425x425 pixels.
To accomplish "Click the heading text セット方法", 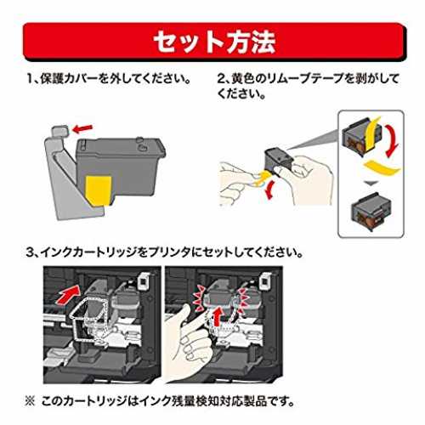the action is pyautogui.click(x=214, y=42).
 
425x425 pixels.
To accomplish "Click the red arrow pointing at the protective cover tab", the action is pyautogui.click(x=82, y=128).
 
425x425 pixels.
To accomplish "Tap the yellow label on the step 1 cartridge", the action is pyautogui.click(x=99, y=190).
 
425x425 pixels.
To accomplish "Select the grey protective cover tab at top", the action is pyautogui.click(x=59, y=131).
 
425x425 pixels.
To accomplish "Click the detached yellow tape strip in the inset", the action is pyautogui.click(x=382, y=168).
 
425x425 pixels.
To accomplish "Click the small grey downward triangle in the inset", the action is pyautogui.click(x=369, y=184).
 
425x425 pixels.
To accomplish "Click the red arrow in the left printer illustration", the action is pyautogui.click(x=69, y=295).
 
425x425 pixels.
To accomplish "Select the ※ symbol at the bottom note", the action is pyautogui.click(x=30, y=401).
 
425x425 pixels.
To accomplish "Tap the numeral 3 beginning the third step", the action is pyautogui.click(x=30, y=252).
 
